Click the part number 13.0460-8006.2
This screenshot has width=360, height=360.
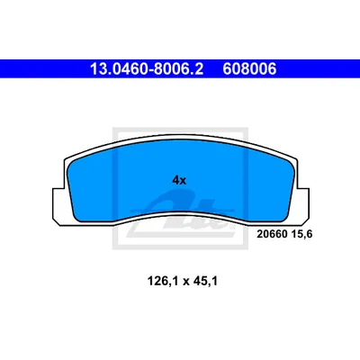click(147, 69)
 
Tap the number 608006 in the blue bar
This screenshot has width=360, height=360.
click(249, 69)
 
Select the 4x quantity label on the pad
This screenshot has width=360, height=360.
click(179, 180)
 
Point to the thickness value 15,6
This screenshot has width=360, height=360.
click(301, 234)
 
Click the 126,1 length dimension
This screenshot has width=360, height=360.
click(163, 282)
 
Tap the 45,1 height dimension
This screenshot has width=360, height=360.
click(205, 282)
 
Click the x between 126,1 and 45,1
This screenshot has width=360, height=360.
click(186, 283)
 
